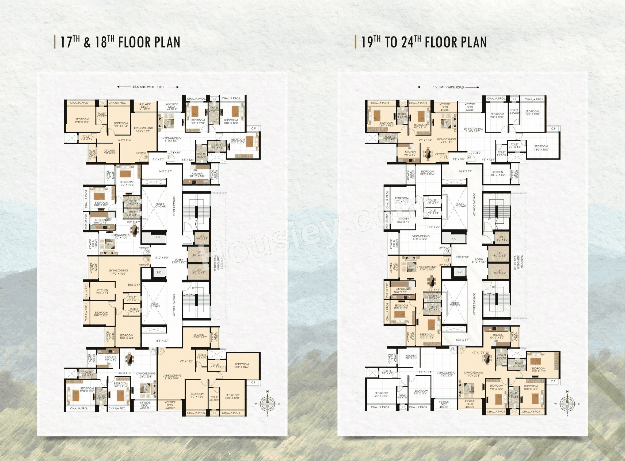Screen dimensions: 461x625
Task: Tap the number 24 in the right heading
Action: click(407, 42)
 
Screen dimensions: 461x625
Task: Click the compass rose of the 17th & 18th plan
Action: click(268, 404)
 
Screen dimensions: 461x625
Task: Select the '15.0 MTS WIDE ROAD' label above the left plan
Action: click(148, 87)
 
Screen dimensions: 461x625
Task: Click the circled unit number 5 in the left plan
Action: click(146, 157)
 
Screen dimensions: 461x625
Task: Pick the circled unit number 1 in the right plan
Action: click(462, 349)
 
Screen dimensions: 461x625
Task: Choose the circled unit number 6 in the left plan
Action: click(169, 157)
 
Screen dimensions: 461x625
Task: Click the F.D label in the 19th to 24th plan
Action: click(453, 239)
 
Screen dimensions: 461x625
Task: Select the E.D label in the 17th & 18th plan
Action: click(159, 272)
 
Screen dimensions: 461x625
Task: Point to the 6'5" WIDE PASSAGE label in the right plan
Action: click(474, 204)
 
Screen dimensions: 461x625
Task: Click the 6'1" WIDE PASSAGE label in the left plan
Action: click(174, 304)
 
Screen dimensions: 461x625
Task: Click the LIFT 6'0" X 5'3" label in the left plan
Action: click(202, 237)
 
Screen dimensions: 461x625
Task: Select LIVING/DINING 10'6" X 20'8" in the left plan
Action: click(146, 375)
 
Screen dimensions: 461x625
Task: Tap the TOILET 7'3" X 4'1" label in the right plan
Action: click(387, 372)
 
